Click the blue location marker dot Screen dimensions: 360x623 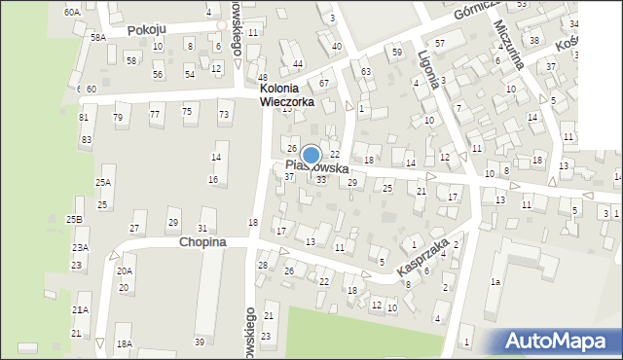click(x=311, y=156)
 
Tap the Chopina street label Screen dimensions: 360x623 click(x=202, y=241)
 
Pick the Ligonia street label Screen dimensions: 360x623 click(x=428, y=70)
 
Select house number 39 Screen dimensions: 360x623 click(x=200, y=342)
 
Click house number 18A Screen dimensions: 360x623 click(x=124, y=343)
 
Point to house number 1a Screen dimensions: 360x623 click(x=495, y=282)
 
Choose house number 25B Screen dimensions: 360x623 click(x=74, y=220)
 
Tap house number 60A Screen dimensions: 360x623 click(x=72, y=13)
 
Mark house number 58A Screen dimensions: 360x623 click(x=97, y=37)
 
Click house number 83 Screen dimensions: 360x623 click(x=86, y=140)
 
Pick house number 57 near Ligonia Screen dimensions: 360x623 click(x=440, y=44)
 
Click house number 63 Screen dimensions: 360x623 click(x=365, y=72)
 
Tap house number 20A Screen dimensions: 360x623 click(x=124, y=271)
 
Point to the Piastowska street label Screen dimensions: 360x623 click(x=317, y=168)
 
